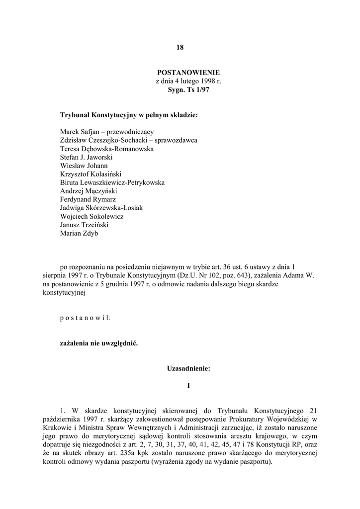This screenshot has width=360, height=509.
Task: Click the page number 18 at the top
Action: pyautogui.click(x=180, y=48)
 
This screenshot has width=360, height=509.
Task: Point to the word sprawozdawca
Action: pyautogui.click(x=177, y=140)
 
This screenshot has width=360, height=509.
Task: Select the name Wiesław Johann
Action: pyautogui.click(x=84, y=166)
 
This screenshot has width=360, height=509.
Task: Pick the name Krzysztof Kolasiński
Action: pyautogui.click(x=90, y=174)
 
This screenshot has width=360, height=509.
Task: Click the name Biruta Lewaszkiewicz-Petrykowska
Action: pyautogui.click(x=112, y=182)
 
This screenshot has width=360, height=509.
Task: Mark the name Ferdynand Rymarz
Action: pyautogui.click(x=88, y=199)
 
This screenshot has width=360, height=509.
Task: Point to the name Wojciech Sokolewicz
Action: pyautogui.click(x=92, y=216)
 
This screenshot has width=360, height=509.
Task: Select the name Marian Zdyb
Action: pyautogui.click(x=79, y=233)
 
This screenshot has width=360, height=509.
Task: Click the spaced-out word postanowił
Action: pyautogui.click(x=85, y=317)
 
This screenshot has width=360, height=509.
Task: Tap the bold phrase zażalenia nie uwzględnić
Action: pyautogui.click(x=99, y=343)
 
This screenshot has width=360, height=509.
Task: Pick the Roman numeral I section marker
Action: pyautogui.click(x=188, y=385)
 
